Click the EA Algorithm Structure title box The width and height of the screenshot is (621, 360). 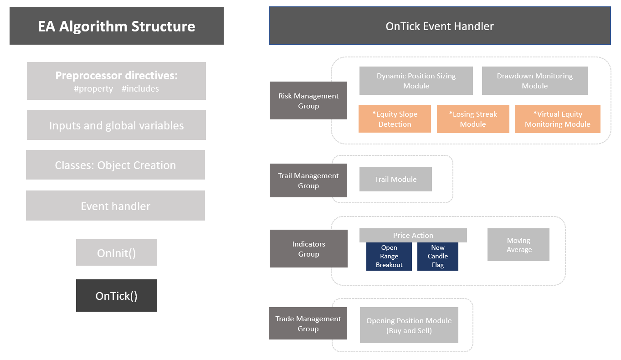(116, 26)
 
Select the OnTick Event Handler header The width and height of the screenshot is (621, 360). (439, 26)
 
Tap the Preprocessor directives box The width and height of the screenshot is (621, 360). (116, 81)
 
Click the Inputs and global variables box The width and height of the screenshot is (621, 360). (116, 125)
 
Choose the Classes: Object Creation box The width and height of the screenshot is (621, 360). (115, 165)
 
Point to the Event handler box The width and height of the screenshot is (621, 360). (115, 206)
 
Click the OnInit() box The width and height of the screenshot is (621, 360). (116, 252)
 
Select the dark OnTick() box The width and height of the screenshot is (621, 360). (116, 296)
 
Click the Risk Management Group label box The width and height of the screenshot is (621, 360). (308, 101)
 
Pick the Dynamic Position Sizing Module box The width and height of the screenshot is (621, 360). (416, 81)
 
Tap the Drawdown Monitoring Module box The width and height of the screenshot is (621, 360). (534, 81)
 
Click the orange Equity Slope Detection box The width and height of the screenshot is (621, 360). (395, 119)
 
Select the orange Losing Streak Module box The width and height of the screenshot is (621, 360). (473, 119)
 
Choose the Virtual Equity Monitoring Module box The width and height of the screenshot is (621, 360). (557, 119)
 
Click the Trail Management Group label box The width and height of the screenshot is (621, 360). (308, 180)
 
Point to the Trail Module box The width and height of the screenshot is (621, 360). (395, 179)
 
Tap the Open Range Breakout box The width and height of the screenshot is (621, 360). (389, 257)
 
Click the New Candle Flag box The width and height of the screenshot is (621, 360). (437, 257)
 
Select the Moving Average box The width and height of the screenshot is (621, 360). (518, 245)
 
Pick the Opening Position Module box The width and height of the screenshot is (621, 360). (409, 325)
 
